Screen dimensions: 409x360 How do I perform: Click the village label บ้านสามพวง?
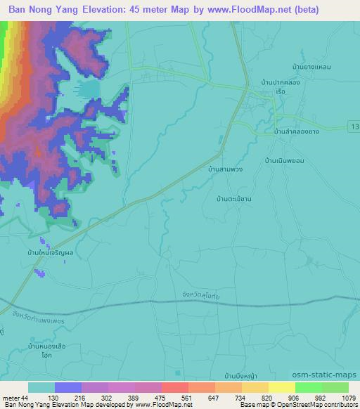pyautogui.click(x=226, y=170)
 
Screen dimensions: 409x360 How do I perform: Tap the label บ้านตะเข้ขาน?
pyautogui.click(x=236, y=199)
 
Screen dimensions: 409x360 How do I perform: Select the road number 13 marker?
pyautogui.click(x=353, y=126)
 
